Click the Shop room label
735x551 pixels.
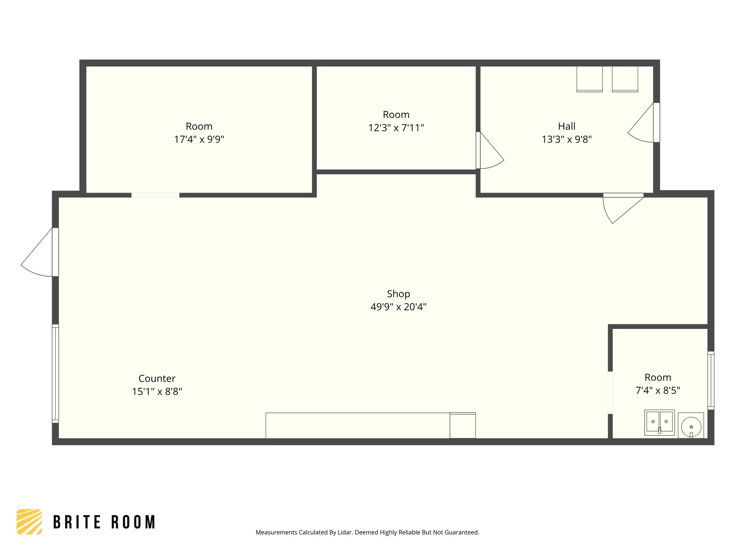pyautogui.click(x=398, y=294)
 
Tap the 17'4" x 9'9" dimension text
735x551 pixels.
pyautogui.click(x=199, y=139)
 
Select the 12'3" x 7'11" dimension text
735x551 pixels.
pyautogui.click(x=396, y=128)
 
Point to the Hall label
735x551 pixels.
pyautogui.click(x=566, y=126)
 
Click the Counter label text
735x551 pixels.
pyautogui.click(x=157, y=378)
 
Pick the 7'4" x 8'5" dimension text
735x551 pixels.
pyautogui.click(x=657, y=390)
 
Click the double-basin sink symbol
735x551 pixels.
pyautogui.click(x=659, y=422)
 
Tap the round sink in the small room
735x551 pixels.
pyautogui.click(x=691, y=427)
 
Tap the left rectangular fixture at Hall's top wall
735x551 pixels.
pyautogui.click(x=589, y=79)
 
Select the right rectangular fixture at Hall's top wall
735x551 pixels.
pyautogui.click(x=625, y=79)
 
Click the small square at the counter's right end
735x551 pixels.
pyautogui.click(x=463, y=425)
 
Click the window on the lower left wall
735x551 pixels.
pyautogui.click(x=55, y=373)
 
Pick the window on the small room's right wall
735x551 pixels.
pyautogui.click(x=711, y=380)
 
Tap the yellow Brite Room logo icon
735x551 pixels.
pyautogui.click(x=29, y=522)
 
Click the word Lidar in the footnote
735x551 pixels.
pyautogui.click(x=345, y=532)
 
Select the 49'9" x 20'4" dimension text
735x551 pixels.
pyautogui.click(x=398, y=307)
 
